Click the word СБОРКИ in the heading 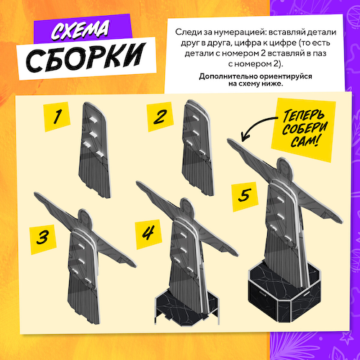pyautogui.click(x=85, y=59)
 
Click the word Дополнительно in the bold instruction pyautogui.click(x=213, y=75)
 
